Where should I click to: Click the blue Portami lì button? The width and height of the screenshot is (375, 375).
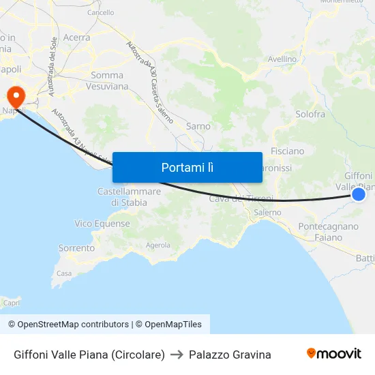(187, 167)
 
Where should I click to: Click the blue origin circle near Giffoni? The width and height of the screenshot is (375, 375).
(359, 195)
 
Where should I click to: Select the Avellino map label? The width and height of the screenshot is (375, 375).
(282, 59)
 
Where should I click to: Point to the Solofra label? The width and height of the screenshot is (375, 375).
(310, 115)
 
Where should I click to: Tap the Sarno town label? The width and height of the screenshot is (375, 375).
(198, 126)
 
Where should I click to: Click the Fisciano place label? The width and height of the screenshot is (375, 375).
(287, 151)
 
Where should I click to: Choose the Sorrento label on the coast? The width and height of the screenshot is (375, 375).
(76, 248)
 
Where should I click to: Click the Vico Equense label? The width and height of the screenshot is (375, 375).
(102, 224)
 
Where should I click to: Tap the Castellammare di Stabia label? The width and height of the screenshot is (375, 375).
(129, 197)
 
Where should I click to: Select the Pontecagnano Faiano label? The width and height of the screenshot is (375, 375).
(328, 232)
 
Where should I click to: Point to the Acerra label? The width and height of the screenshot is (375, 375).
(76, 38)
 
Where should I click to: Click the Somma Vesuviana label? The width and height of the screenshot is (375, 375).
(107, 81)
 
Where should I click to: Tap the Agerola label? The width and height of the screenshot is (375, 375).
(158, 245)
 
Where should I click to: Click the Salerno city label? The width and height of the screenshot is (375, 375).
(267, 213)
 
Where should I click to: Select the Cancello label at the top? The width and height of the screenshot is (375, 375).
(100, 12)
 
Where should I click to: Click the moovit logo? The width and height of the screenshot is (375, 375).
(333, 353)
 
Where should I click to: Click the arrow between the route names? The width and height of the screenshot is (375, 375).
(177, 355)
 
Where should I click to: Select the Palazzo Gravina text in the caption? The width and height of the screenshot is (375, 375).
(230, 355)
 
